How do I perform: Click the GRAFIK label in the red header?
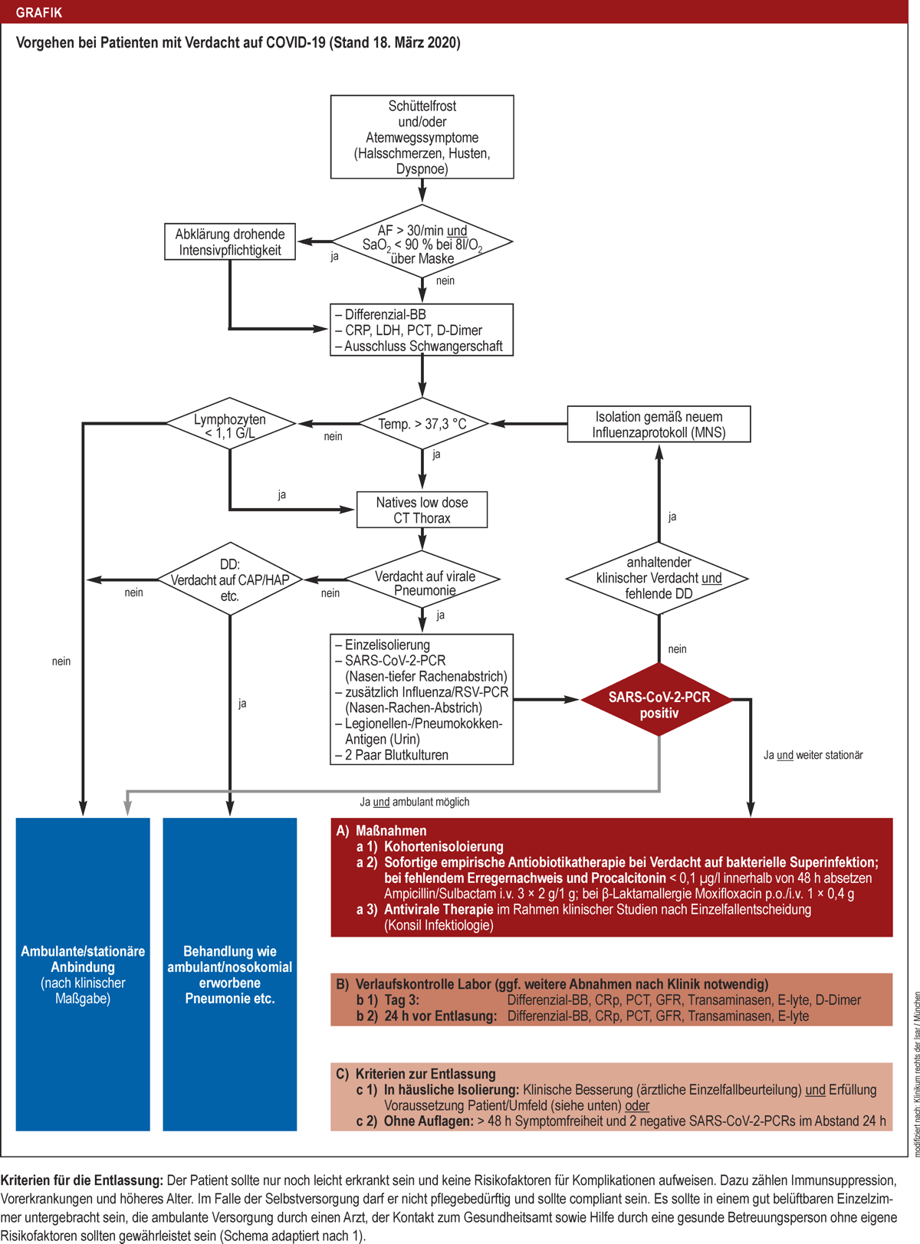click(39, 12)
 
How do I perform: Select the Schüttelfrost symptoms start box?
click(422, 137)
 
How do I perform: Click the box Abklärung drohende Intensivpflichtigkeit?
click(230, 242)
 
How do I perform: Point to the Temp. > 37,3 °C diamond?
click(422, 424)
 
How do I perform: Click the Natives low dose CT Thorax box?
click(422, 510)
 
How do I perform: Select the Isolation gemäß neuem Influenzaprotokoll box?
click(659, 425)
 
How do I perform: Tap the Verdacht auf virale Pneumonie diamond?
click(424, 582)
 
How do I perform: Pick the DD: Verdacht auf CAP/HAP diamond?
click(230, 580)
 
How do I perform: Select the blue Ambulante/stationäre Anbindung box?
click(83, 974)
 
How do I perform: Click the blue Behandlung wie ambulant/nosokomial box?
click(230, 974)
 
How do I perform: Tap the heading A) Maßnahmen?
click(383, 831)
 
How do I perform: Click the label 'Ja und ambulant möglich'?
click(415, 802)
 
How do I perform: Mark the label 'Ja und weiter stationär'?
click(813, 755)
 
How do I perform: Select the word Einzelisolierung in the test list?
click(386, 645)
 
